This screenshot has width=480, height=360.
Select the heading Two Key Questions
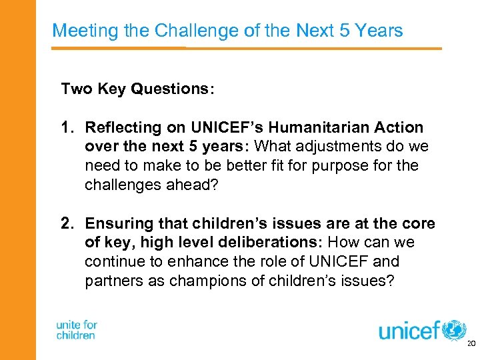[137, 89]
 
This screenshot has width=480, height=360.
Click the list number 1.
[66, 127]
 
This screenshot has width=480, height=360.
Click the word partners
[110, 281]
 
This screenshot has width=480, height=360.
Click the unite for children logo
[77, 330]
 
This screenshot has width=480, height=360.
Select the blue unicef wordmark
[410, 330]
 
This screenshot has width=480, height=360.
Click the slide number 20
[471, 344]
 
